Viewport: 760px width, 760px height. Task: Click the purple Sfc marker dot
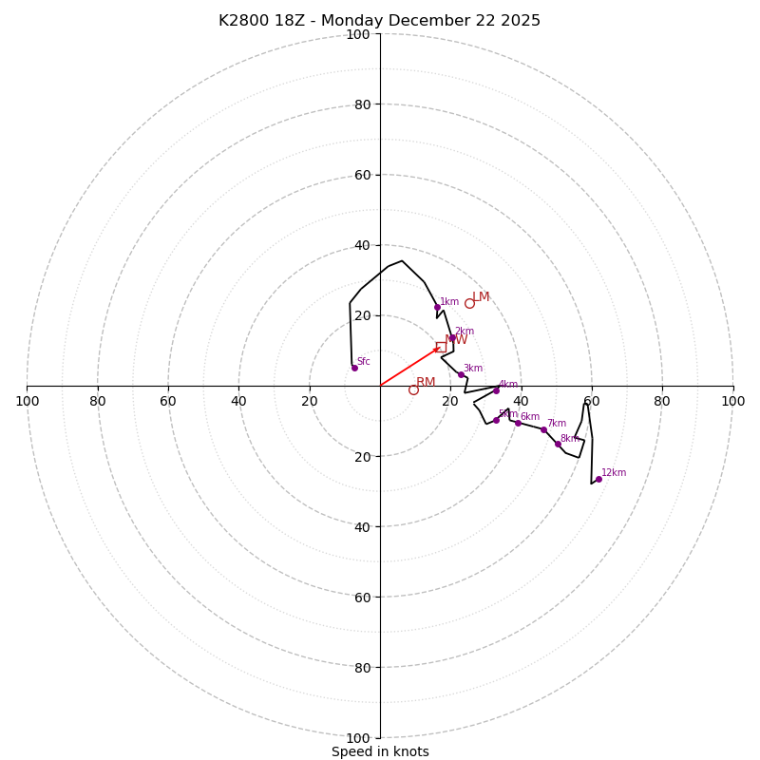click(354, 368)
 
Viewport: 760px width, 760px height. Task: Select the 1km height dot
click(437, 307)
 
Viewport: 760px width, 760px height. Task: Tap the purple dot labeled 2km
click(452, 337)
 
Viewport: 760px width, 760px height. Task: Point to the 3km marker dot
click(461, 374)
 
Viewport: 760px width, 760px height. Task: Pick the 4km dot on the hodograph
click(496, 390)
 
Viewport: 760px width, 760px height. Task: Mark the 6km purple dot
click(518, 423)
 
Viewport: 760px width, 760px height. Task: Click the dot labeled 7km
click(543, 429)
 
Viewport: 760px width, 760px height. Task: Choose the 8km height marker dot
click(558, 444)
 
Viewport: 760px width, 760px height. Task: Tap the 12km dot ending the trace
click(598, 479)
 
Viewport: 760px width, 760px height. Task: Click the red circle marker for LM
click(469, 303)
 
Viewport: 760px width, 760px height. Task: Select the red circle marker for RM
click(413, 389)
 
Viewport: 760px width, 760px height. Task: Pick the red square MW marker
click(441, 347)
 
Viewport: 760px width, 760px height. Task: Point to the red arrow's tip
click(440, 348)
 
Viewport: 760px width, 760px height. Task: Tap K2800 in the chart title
click(242, 21)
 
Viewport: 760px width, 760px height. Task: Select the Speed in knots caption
click(380, 751)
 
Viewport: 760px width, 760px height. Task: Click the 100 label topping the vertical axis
click(357, 34)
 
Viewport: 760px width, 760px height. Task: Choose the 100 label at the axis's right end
click(732, 401)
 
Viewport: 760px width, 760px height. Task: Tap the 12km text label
click(614, 472)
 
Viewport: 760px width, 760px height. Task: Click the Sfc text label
click(364, 361)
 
